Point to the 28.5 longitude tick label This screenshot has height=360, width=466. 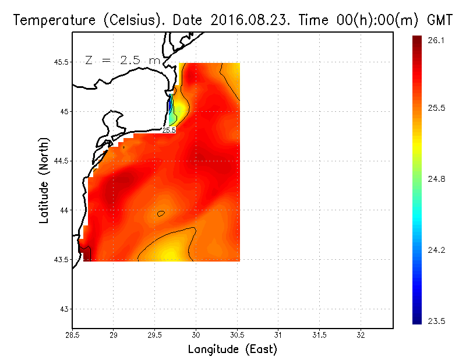click(x=73, y=335)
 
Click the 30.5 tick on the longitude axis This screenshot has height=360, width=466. click(x=237, y=335)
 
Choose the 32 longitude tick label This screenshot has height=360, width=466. click(x=361, y=335)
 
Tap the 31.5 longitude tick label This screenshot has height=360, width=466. click(x=319, y=335)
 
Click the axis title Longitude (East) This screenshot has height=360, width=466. click(x=232, y=349)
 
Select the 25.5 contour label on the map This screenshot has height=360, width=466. click(x=169, y=130)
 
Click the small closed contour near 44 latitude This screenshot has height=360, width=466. click(x=161, y=214)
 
